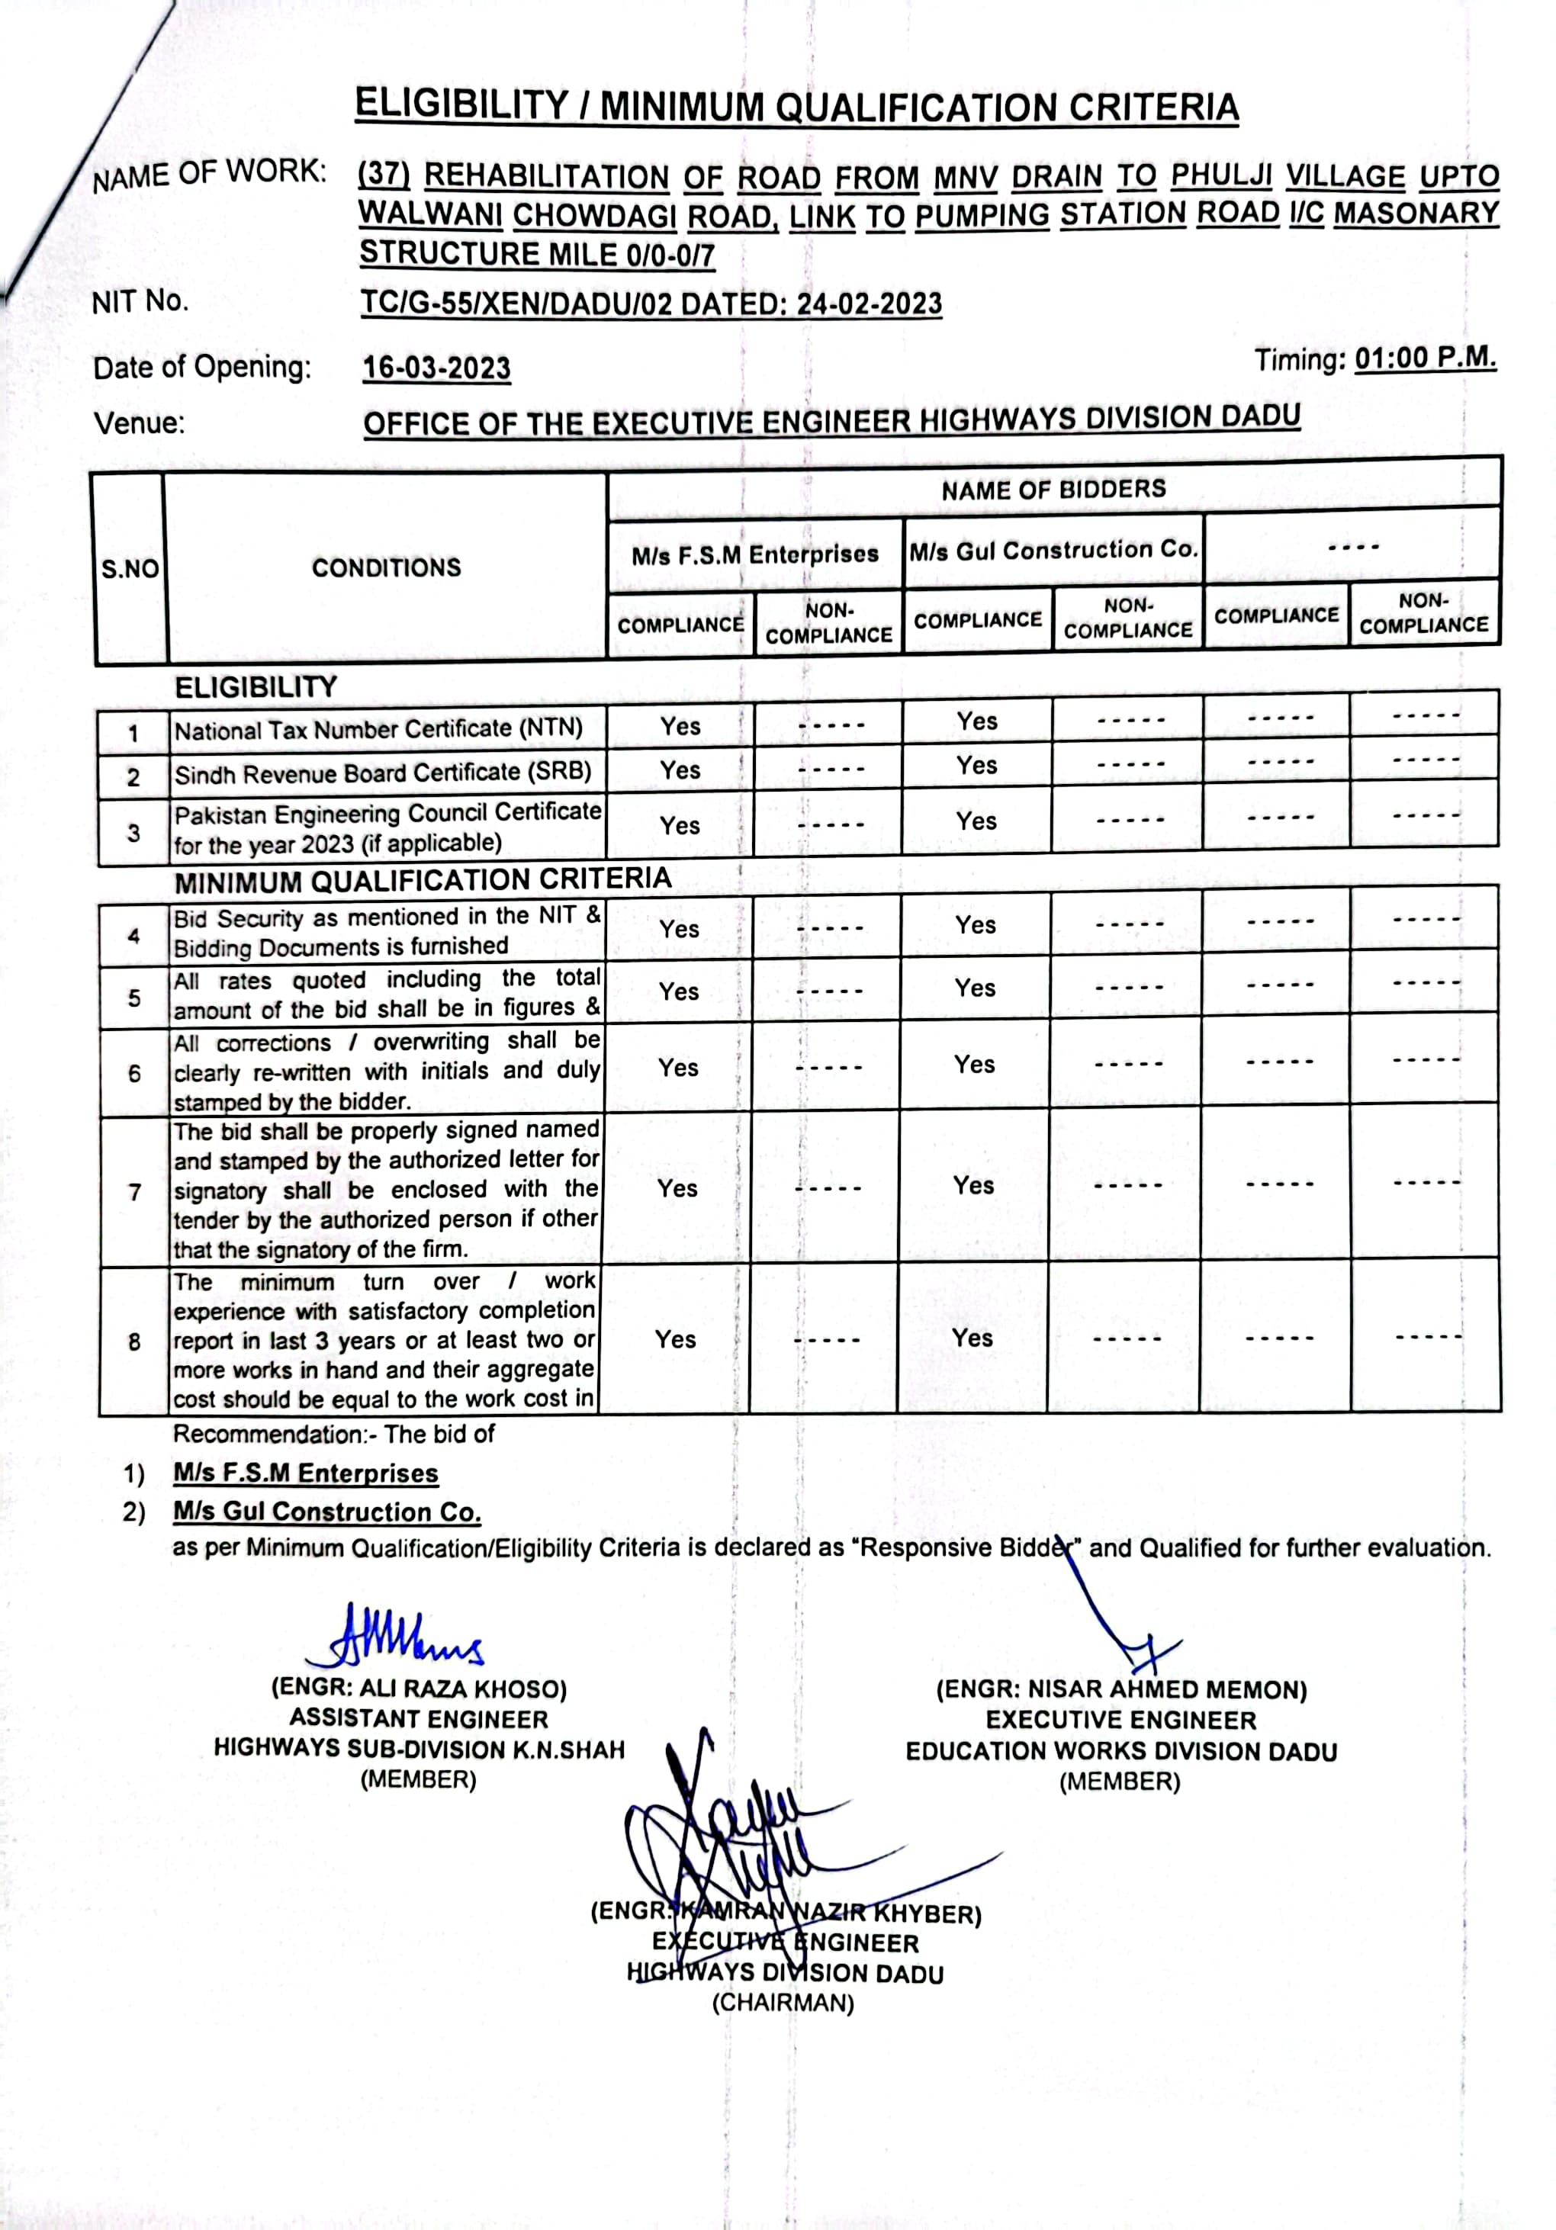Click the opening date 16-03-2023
pos(436,368)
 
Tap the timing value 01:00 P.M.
pos(1425,358)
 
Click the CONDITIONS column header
pos(386,567)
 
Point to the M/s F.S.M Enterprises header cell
pos(754,554)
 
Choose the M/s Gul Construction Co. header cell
pos(1053,551)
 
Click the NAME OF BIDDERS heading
pos(1053,490)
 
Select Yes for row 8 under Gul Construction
pos(972,1338)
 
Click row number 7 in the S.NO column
pos(134,1192)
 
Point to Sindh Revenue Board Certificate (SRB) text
pos(383,772)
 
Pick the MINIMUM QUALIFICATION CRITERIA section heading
pos(423,880)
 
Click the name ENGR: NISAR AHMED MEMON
pos(1121,1690)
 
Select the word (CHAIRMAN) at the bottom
pos(783,2003)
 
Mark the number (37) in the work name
pos(384,176)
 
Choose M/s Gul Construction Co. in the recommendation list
pos(327,1512)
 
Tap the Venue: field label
pos(139,423)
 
